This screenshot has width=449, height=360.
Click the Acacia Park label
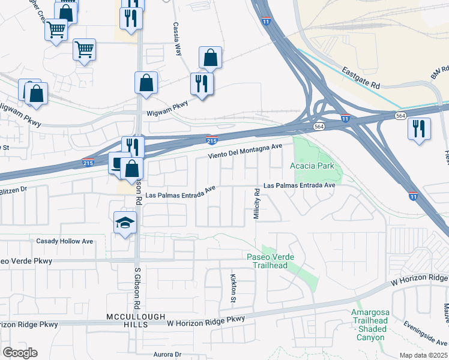[x=312, y=165]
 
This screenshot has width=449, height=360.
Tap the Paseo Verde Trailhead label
[x=271, y=261]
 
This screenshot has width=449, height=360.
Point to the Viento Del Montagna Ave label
[x=245, y=151]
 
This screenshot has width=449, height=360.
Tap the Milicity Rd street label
[x=256, y=204]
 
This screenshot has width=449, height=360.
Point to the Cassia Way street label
[x=177, y=39]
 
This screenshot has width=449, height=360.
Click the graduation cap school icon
[x=125, y=223]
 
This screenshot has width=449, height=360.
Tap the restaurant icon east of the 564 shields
[x=418, y=128]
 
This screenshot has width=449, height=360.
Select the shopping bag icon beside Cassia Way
[x=210, y=58]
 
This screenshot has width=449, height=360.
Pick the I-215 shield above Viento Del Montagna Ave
[x=211, y=140]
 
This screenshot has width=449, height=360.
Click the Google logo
[x=20, y=352]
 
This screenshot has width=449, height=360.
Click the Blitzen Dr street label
[x=13, y=188]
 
